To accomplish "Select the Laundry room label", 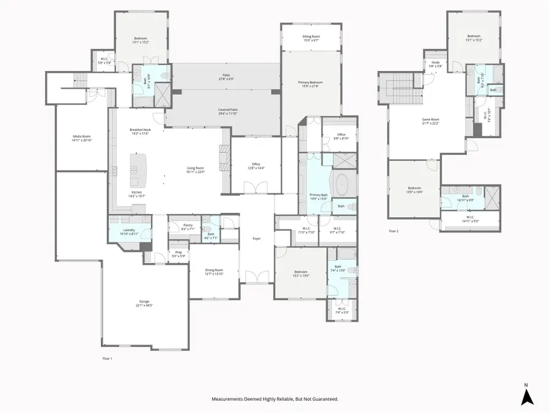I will (x=129, y=231).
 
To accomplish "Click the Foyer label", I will (x=257, y=238).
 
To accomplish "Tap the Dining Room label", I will (x=215, y=272).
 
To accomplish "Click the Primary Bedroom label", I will (x=311, y=84).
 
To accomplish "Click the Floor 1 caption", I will (x=107, y=358).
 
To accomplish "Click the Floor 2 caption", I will (x=394, y=231).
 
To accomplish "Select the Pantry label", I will (x=188, y=226).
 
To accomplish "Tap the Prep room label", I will (x=178, y=253).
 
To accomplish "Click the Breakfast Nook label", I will (x=140, y=131).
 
